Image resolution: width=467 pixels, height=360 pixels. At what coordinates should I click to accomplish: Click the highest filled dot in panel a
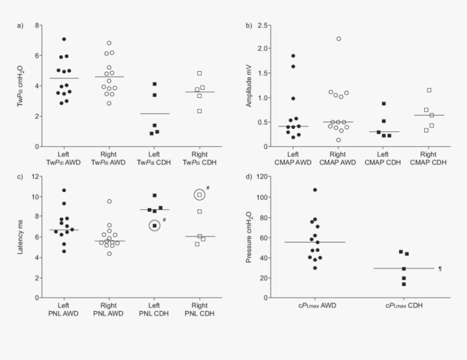64,39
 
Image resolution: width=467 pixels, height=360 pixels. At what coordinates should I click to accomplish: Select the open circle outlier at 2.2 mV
338,39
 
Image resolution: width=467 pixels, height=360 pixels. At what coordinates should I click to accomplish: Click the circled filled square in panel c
155,225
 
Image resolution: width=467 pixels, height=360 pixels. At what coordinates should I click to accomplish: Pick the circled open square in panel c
199,194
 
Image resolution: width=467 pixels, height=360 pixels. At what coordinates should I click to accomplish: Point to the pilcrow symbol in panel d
440,269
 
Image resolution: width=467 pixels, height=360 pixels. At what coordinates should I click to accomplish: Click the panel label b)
249,26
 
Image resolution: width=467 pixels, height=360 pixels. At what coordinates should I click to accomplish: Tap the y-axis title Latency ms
20,237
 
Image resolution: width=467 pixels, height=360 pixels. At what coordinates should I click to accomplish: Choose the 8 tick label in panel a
36,26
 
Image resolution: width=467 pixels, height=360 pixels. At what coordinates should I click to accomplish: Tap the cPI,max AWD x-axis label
317,305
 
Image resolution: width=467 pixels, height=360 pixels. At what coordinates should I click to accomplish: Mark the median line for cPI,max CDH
403,268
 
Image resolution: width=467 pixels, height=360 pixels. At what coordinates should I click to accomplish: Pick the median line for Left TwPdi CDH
155,113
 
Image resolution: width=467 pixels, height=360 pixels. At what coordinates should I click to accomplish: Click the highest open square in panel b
429,90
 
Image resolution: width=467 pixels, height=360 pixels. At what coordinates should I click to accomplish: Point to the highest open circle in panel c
109,201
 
